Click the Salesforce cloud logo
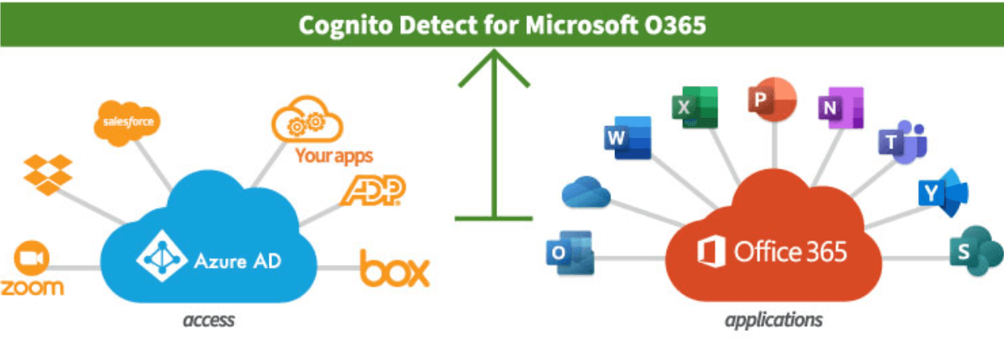pos(125,123)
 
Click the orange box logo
pos(395,270)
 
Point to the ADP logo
pos(373,190)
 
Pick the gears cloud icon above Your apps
pos(307,121)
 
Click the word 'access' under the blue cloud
pos(208,320)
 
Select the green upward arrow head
pos(493,68)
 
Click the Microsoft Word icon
pos(626,138)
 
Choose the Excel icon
pos(693,106)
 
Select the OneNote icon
pos(839,107)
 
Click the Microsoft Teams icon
pos(902,142)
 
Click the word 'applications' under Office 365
pos(773,320)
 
